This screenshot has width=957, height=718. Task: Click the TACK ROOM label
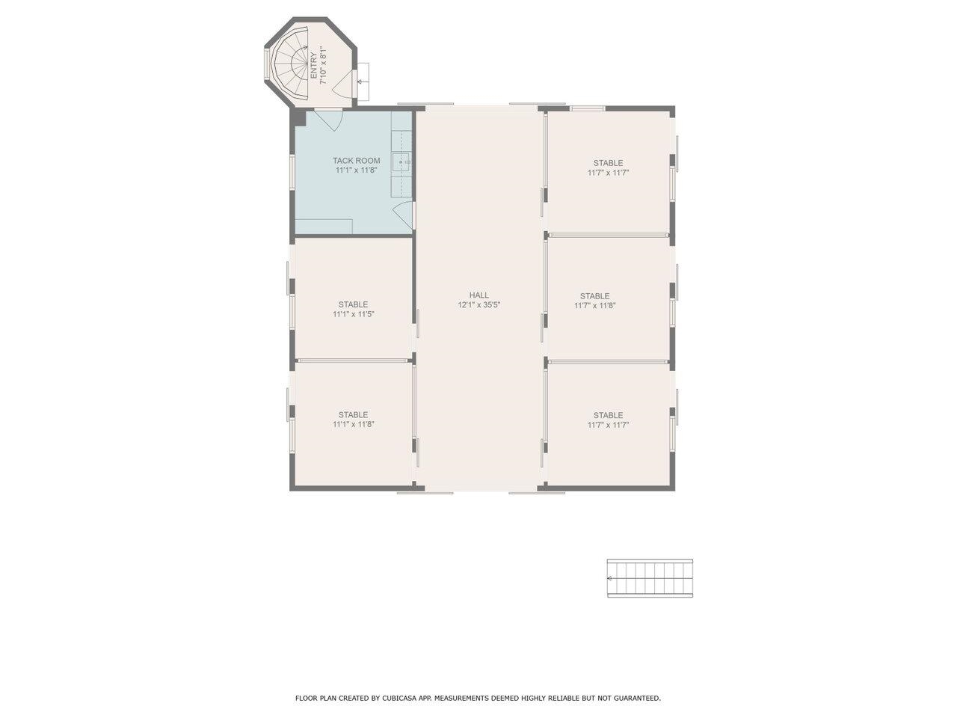point(356,161)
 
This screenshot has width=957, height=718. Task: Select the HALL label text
point(479,295)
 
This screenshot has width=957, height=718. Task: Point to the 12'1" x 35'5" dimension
point(479,305)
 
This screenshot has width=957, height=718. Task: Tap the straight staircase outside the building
point(650,578)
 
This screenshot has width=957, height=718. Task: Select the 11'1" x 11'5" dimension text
point(353,315)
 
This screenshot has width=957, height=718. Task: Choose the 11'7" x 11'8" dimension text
point(594,306)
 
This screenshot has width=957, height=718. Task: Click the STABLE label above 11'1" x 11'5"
point(353,304)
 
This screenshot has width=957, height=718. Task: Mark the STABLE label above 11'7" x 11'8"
point(594,296)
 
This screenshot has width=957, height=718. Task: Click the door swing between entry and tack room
point(328,119)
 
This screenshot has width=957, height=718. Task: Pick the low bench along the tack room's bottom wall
point(323,227)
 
